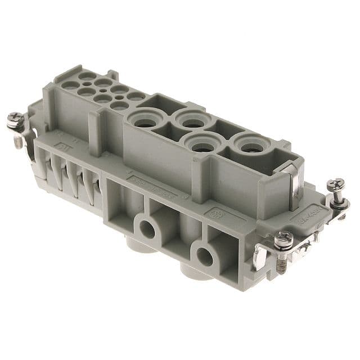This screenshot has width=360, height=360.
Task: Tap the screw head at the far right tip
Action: coord(337,183)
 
